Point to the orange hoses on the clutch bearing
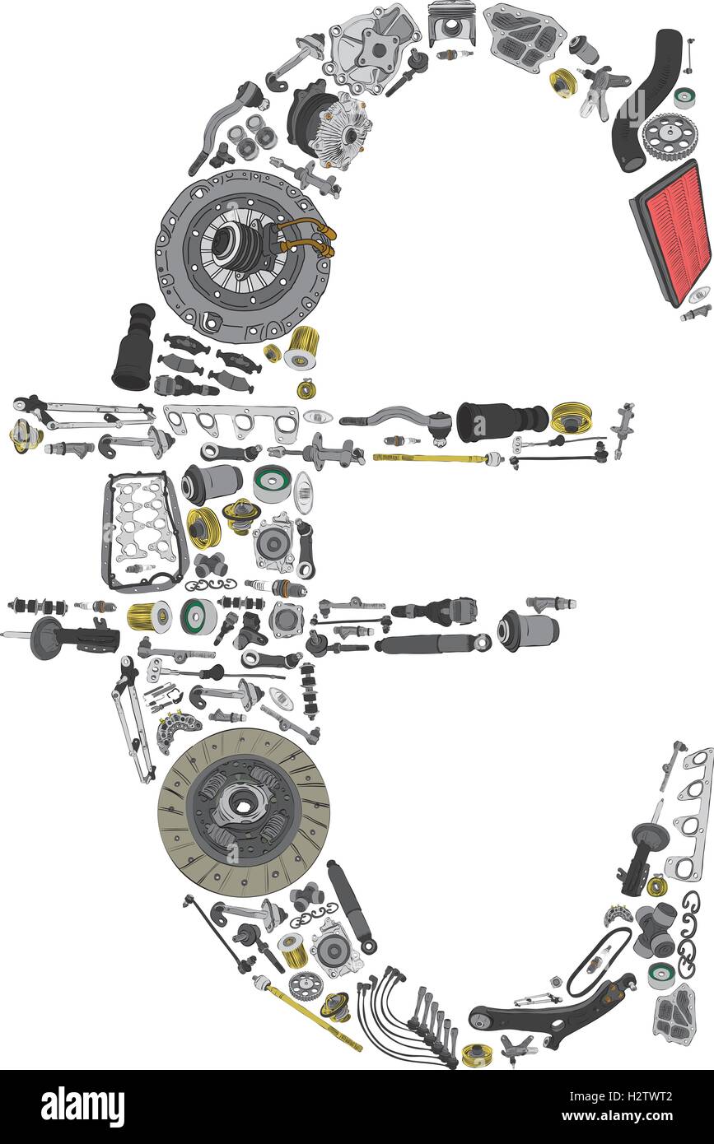tap(309, 236)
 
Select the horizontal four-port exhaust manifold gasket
tap(231, 423)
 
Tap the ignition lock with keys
tap(603, 90)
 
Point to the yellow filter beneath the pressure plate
tap(302, 347)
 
